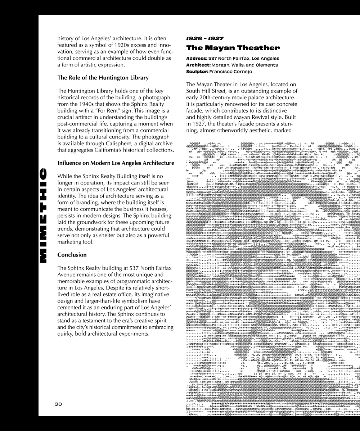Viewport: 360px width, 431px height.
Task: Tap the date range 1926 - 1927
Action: (203, 38)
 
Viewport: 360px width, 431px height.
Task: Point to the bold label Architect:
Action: (199, 65)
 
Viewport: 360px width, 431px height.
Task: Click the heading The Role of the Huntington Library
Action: (103, 77)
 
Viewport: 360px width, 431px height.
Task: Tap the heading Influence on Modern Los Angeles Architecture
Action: (116, 163)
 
